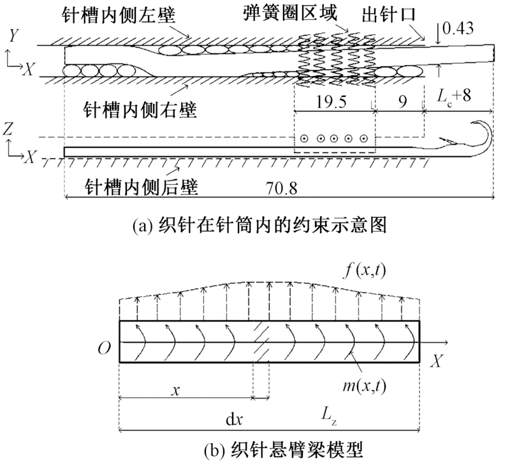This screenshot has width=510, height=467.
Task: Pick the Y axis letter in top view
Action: click(x=11, y=37)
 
